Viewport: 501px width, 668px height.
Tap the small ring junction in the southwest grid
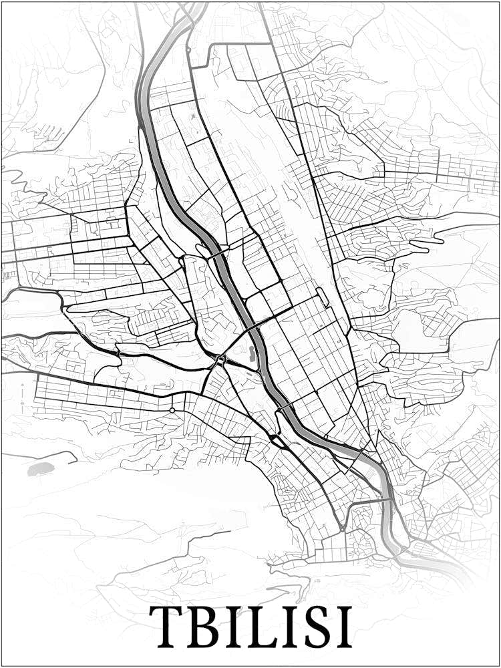(172, 409)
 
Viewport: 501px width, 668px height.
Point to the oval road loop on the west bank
(203, 251)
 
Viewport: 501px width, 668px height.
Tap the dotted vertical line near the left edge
(22, 397)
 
